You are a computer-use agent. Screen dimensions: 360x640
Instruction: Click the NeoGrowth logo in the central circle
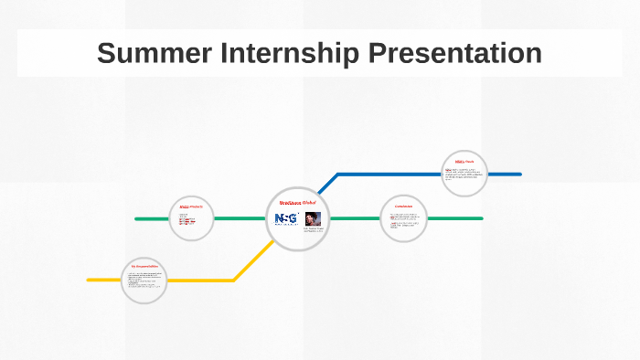click(286, 219)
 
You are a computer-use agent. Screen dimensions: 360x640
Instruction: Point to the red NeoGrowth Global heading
click(297, 202)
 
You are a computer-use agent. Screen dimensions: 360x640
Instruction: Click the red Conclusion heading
click(403, 206)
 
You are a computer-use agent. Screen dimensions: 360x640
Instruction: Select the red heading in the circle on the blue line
click(464, 162)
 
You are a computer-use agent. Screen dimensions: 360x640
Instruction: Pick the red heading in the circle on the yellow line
click(144, 266)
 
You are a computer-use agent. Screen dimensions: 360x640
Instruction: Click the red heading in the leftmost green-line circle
click(190, 206)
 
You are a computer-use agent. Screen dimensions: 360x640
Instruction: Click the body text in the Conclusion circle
click(403, 222)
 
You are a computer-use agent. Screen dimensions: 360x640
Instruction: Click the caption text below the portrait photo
click(315, 230)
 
